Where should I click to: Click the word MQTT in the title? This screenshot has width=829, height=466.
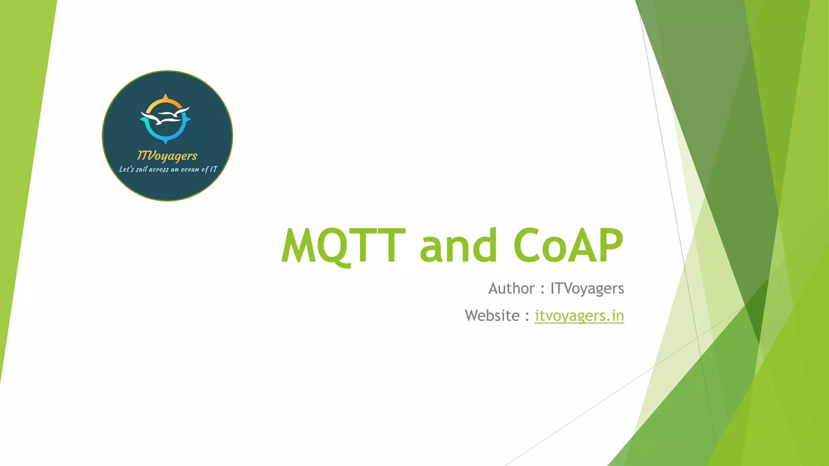coord(343,246)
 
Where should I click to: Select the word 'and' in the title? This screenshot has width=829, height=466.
coord(458,246)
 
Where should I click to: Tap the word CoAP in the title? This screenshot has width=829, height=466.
coord(568,246)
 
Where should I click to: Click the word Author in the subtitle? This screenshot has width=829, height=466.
coord(511,289)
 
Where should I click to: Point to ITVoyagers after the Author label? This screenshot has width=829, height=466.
coord(587,289)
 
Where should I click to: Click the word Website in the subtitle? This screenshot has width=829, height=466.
coord(492,316)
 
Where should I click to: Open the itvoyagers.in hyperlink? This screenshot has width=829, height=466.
coord(579,316)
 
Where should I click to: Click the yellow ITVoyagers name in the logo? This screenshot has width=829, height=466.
coord(167,156)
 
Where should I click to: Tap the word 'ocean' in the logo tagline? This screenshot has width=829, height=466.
coord(190,169)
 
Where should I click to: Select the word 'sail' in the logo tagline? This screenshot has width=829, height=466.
coord(141,169)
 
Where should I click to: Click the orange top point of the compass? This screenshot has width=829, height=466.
coord(165,97)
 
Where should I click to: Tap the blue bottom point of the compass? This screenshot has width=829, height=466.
coord(165,142)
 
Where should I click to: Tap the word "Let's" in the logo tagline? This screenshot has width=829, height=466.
coord(126,169)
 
